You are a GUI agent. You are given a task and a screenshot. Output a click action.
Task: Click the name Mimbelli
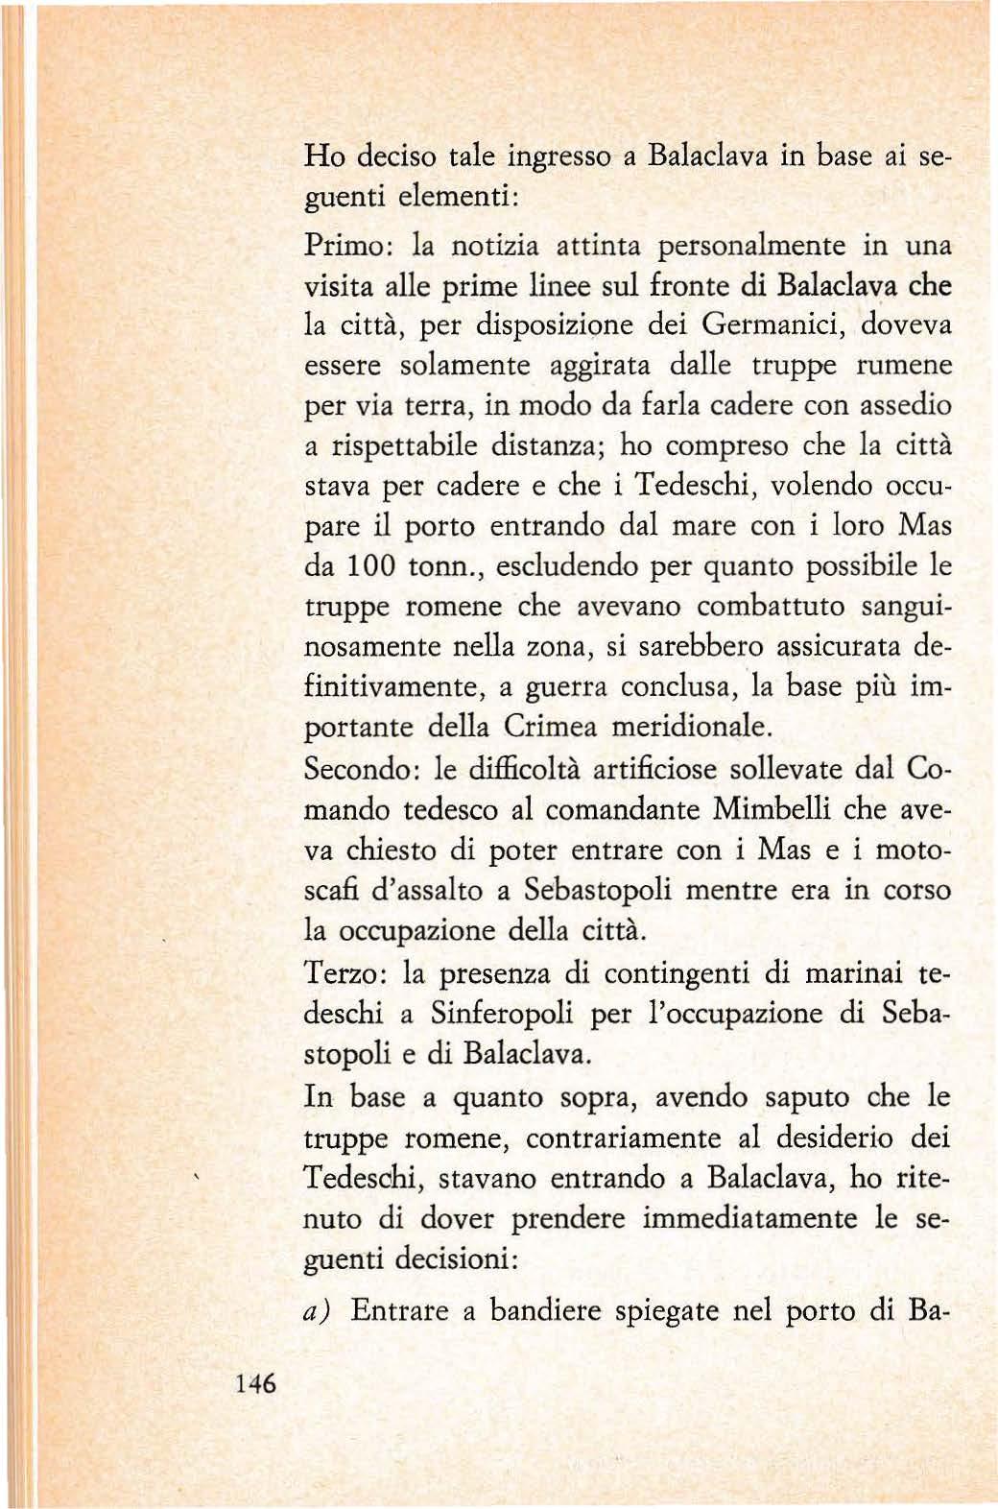point(772,809)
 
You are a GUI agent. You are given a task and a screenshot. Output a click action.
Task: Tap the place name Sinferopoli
point(503,1014)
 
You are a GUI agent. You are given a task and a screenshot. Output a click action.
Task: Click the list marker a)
point(317,1311)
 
